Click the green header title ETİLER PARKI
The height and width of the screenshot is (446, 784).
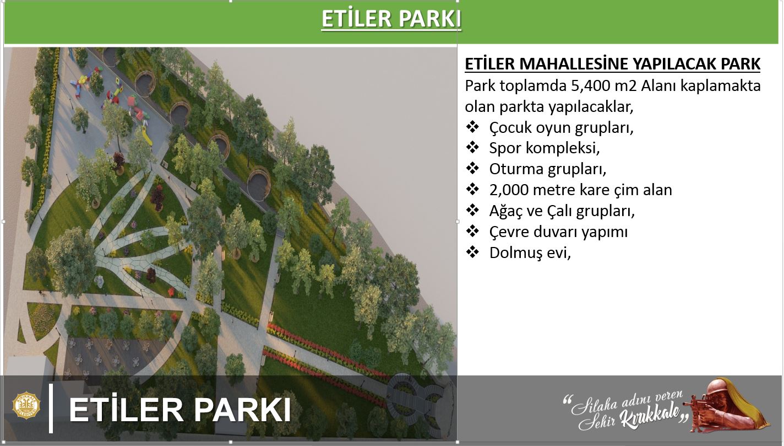click(391, 19)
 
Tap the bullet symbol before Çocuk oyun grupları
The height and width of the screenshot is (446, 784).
click(472, 127)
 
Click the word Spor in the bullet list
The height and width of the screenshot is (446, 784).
click(505, 148)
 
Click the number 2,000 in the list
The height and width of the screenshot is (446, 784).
click(509, 190)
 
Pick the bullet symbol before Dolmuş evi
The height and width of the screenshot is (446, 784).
click(472, 252)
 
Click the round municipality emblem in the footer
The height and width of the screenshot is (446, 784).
click(26, 405)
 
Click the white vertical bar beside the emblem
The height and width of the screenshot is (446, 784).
click(51, 408)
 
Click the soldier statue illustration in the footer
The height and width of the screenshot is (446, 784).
click(728, 406)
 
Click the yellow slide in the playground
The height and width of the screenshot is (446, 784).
click(147, 137)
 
